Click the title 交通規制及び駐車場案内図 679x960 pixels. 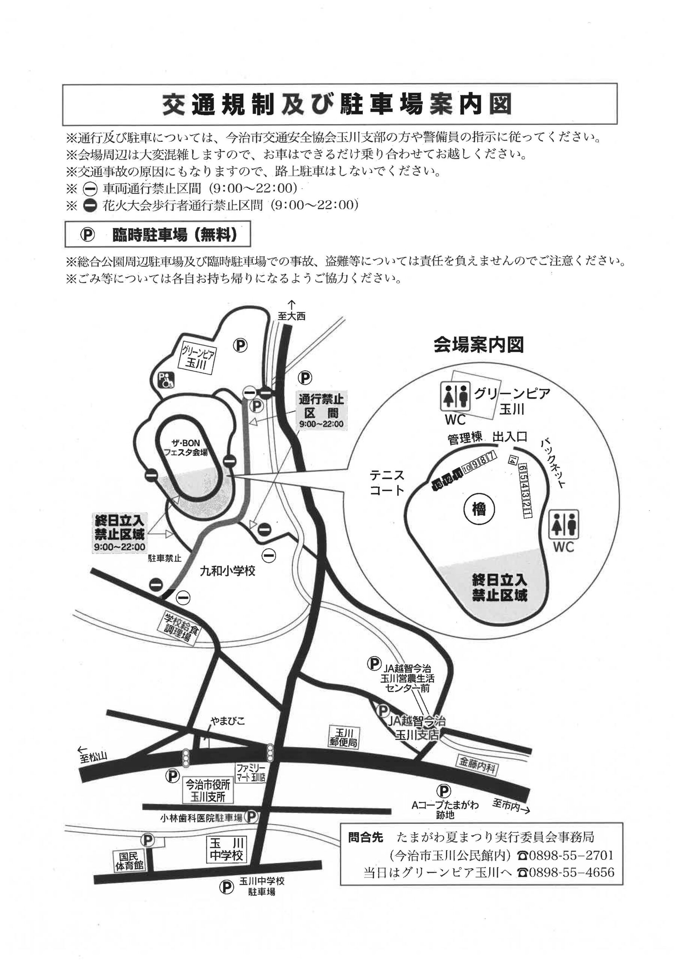point(337,105)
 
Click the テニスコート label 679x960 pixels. point(387,483)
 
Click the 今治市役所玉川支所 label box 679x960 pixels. point(208,790)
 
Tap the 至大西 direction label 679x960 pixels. point(291,316)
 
